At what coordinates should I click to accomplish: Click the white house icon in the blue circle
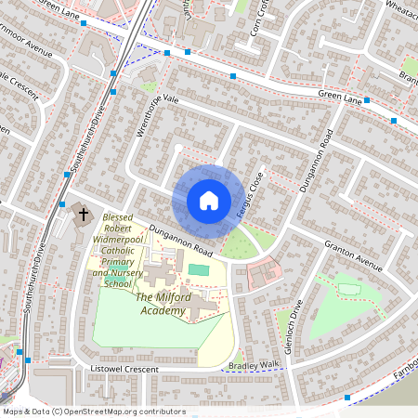[209, 201]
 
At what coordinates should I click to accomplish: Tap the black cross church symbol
[83, 215]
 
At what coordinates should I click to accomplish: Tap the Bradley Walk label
[253, 366]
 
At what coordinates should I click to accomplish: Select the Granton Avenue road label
[353, 259]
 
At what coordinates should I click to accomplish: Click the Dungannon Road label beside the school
[181, 246]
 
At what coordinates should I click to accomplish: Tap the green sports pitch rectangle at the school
[199, 269]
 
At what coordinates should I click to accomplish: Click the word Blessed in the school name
[119, 216]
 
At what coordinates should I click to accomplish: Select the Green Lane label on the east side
[340, 94]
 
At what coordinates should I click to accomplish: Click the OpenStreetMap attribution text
[93, 411]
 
